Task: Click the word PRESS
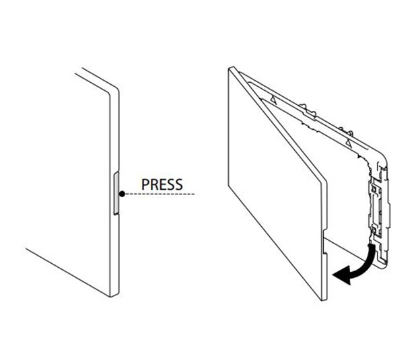click(x=161, y=184)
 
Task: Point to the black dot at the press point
click(x=122, y=194)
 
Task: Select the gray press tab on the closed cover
click(x=117, y=194)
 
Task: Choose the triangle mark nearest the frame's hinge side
click(x=273, y=98)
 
